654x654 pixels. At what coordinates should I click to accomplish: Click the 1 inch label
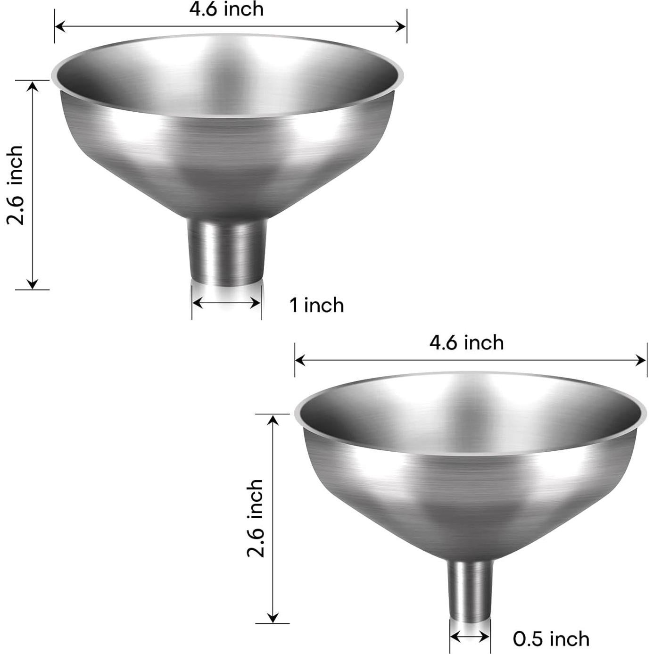coord(316,306)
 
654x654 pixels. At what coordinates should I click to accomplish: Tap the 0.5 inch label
coord(551,639)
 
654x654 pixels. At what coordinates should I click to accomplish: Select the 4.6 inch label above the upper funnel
coord(226,9)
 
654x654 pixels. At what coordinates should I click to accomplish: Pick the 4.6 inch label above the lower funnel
coord(466,343)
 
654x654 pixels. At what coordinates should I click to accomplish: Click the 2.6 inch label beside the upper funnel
coord(15,185)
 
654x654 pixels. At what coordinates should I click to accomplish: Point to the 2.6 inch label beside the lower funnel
coord(255,518)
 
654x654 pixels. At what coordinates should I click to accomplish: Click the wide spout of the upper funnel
coord(227,252)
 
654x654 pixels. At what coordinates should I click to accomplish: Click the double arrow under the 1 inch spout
coord(227,303)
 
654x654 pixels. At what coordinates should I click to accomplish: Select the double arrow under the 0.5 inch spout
coord(470,637)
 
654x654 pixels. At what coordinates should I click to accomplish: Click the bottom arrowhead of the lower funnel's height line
coord(272,617)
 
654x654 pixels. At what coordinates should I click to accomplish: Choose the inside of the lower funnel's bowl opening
coord(469,409)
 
